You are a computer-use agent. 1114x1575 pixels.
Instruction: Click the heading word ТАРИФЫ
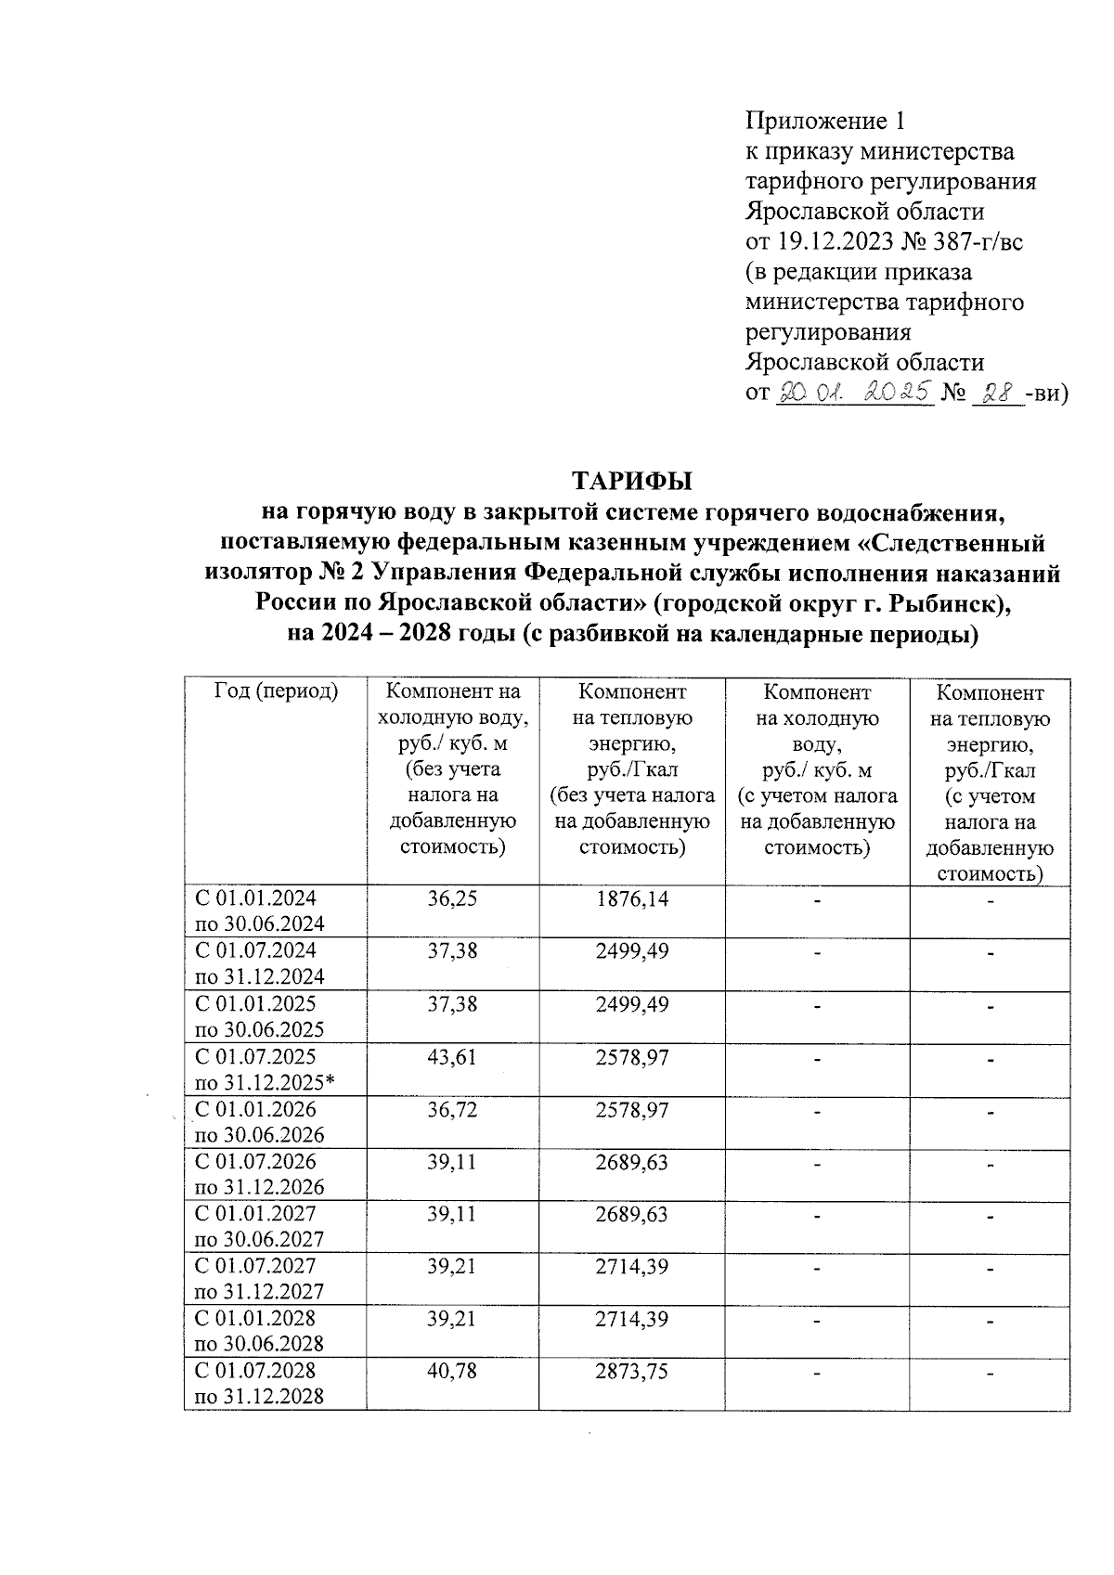[x=632, y=482]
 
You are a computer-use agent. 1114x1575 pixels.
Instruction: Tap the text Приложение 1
[x=825, y=121]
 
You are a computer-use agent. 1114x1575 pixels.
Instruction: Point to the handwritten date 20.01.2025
[x=854, y=393]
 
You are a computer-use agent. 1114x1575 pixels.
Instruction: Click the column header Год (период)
[x=276, y=691]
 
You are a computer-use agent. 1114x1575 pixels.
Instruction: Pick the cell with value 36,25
[x=452, y=898]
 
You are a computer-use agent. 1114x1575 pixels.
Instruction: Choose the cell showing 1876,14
[x=631, y=898]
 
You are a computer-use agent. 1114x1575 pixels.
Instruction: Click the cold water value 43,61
[x=452, y=1056]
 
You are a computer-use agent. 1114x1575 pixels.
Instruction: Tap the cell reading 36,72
[x=452, y=1109]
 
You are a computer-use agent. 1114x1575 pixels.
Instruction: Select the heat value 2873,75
[x=631, y=1371]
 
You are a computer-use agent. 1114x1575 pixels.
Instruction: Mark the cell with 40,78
[x=452, y=1371]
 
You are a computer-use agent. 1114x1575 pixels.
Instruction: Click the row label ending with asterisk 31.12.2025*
[x=264, y=1083]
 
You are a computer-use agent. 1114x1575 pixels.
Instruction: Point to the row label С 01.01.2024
[x=255, y=898]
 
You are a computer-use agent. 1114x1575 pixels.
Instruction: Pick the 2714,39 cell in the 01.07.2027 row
[x=631, y=1266]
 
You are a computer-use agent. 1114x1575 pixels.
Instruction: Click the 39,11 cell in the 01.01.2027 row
[x=452, y=1214]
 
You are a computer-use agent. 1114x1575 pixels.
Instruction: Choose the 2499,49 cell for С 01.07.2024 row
[x=631, y=951]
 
